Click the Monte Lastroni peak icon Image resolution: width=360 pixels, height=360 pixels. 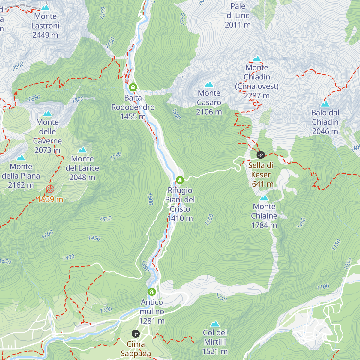pos(46,7)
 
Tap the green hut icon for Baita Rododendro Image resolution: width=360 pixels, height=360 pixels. pos(133,88)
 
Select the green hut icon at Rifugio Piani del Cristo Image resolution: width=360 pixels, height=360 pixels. pos(180,180)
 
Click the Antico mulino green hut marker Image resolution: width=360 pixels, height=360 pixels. pos(152,292)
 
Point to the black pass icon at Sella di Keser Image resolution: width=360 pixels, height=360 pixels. pos(261,155)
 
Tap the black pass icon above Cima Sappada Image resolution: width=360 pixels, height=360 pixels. pos(136,334)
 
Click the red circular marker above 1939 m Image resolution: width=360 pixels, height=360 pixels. pos(50,189)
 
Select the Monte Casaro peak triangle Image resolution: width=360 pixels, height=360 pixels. pos(209,85)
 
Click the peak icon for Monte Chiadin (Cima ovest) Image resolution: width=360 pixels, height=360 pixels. pos(257,59)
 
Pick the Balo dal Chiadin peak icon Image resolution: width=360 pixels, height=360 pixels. pos(325,104)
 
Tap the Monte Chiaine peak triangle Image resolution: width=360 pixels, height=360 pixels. pos(264,198)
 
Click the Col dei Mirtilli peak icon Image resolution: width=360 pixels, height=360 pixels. pos(215,324)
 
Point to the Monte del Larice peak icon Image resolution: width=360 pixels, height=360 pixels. pos(82,150)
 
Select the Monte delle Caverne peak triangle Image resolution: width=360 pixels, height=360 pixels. pos(47,113)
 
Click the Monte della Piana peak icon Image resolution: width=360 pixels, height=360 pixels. pos(21,158)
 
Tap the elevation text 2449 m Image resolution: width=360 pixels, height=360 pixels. pos(45,35)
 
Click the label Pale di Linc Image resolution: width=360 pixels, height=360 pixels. pos(238,11)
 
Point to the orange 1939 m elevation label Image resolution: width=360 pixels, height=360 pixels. pos(50,199)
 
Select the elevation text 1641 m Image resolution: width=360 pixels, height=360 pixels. pos(261,184)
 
